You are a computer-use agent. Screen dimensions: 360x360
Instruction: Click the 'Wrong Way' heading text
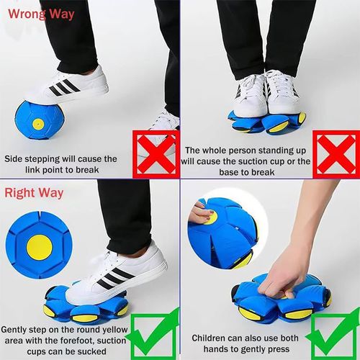40,14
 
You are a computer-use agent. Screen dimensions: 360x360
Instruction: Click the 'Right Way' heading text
35,193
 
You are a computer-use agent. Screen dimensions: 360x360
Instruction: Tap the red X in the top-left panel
153,151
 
